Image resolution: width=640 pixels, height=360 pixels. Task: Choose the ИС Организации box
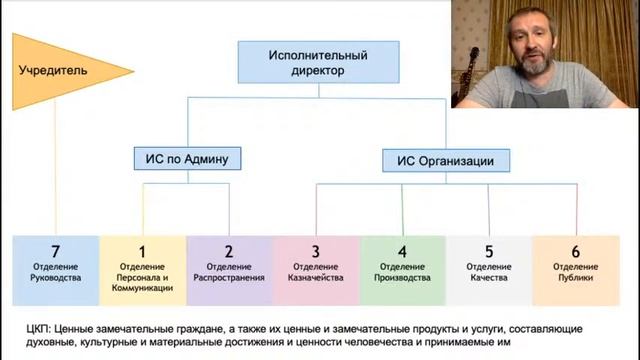click(446, 158)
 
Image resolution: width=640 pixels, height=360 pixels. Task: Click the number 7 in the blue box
click(57, 251)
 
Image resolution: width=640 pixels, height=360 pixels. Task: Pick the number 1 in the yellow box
click(142, 251)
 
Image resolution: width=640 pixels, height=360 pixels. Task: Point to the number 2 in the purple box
click(228, 251)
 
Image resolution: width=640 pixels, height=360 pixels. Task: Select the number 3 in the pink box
click(315, 251)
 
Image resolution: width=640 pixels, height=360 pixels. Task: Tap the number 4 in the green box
click(401, 251)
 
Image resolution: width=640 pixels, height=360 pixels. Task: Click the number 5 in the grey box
click(488, 251)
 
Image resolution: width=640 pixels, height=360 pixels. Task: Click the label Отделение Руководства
click(57, 272)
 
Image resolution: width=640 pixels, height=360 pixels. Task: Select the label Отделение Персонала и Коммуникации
click(142, 277)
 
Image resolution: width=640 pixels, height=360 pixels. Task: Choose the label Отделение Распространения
click(228, 272)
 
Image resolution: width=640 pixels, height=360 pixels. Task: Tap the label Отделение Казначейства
click(315, 272)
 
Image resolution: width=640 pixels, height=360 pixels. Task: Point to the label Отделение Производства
click(401, 272)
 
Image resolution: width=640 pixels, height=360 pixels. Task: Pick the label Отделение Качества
click(488, 272)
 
